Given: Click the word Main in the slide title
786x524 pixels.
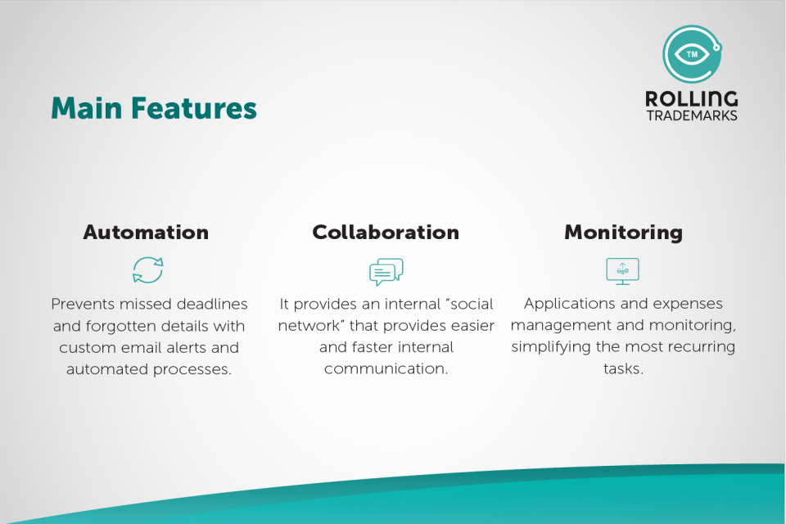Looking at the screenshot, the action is point(87,108).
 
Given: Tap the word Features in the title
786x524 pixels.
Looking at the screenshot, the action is point(194,108).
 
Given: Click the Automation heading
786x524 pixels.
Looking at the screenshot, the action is point(146,233).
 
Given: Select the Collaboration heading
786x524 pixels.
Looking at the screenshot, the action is point(386,233).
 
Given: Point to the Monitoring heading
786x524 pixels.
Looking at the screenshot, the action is point(624,233).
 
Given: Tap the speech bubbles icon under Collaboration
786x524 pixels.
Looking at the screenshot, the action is point(386,272).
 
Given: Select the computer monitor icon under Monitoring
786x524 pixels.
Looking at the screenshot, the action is point(622,271).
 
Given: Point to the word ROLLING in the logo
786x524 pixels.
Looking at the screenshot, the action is point(692,99).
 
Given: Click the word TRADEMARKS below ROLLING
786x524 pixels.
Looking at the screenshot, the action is point(692,115).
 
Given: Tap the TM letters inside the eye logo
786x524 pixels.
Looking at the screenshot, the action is point(693,54).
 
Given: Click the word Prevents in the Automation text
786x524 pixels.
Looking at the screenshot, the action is point(83,304).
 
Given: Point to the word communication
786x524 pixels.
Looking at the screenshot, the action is point(386,368).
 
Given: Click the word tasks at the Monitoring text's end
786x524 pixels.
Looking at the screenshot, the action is point(623,368).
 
